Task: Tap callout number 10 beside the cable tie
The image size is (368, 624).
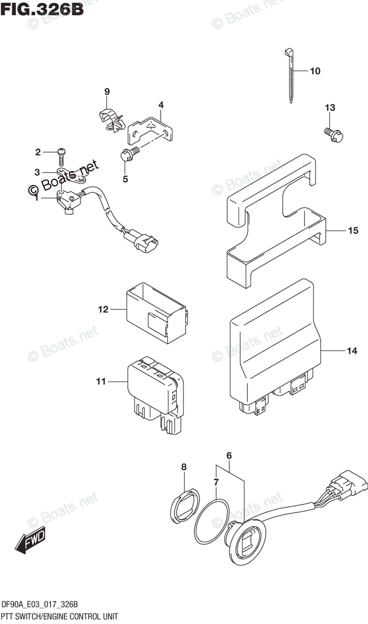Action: pyautogui.click(x=315, y=71)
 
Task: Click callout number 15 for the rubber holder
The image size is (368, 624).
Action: pyautogui.click(x=353, y=231)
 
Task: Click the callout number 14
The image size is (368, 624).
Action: pyautogui.click(x=352, y=352)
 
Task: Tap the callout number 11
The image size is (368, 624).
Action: pyautogui.click(x=100, y=382)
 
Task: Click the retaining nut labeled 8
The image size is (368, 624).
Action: pyautogui.click(x=183, y=504)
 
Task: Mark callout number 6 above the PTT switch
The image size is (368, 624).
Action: pyautogui.click(x=228, y=456)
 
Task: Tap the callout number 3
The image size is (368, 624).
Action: pyautogui.click(x=37, y=173)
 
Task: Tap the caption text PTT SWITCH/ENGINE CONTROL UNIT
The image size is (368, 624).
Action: pyautogui.click(x=59, y=617)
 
